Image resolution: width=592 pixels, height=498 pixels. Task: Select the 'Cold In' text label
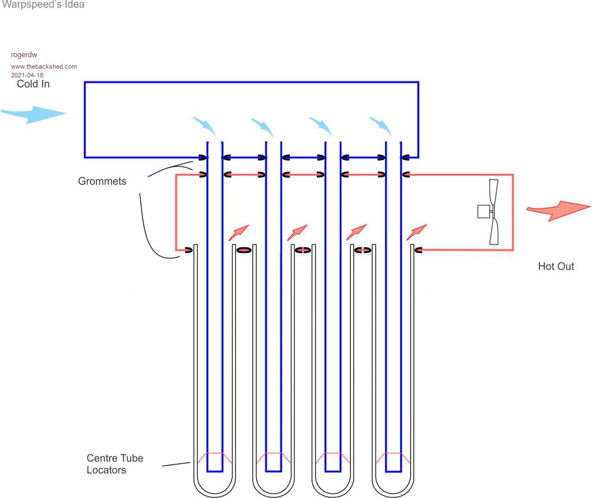[33, 84]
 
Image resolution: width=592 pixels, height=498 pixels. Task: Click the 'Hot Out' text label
[556, 267]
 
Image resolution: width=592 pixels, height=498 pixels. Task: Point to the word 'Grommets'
[102, 181]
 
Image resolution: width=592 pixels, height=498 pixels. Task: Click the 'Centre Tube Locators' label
[114, 464]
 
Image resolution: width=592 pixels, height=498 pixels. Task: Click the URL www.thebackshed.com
[44, 66]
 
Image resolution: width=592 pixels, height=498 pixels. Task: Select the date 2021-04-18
[27, 75]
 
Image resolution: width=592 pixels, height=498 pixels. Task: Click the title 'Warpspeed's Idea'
[43, 5]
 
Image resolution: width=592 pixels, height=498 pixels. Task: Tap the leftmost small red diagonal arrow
[239, 232]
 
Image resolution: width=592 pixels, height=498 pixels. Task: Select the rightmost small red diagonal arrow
[417, 232]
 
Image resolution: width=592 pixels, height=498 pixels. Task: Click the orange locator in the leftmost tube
[214, 458]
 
